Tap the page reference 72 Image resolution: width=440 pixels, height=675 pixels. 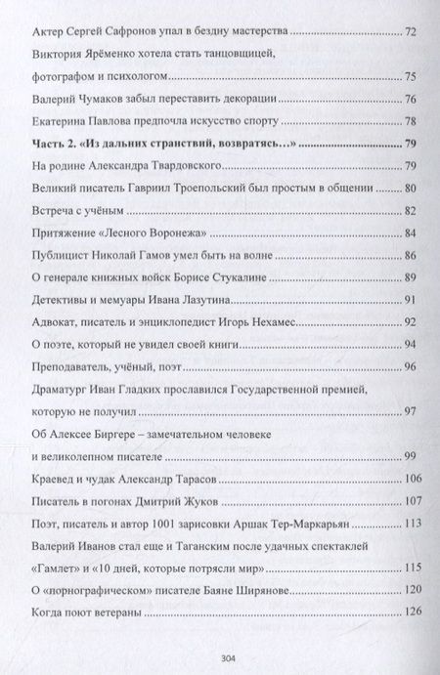click(411, 32)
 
